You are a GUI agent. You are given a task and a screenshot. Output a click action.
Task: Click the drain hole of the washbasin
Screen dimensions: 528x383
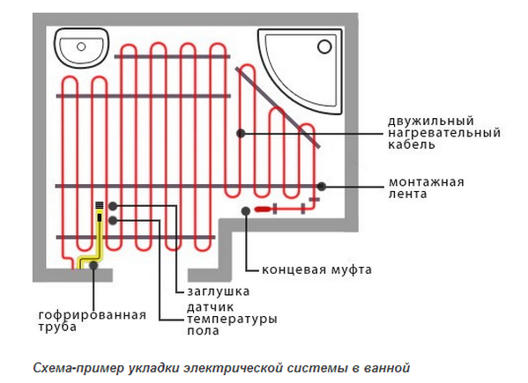click(x=81, y=47)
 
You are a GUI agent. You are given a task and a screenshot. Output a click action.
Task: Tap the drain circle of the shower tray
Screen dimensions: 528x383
click(x=324, y=47)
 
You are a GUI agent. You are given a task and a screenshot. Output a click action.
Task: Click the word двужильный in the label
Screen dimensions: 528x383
click(x=431, y=122)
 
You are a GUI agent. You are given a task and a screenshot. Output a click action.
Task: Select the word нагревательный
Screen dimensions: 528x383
click(x=444, y=133)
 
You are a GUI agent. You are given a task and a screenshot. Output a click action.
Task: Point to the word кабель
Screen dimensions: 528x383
click(x=412, y=144)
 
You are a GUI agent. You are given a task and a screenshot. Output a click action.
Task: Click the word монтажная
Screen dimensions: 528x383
click(x=427, y=182)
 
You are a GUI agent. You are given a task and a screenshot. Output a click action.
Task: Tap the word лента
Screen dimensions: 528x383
click(x=408, y=194)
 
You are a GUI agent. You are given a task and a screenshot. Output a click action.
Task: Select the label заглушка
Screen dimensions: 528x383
click(x=219, y=291)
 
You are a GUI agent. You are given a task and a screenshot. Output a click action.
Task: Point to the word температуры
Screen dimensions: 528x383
click(x=232, y=319)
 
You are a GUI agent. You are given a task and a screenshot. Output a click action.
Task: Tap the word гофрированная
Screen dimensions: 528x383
click(x=93, y=315)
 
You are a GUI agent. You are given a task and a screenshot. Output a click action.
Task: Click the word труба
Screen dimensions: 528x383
click(x=57, y=327)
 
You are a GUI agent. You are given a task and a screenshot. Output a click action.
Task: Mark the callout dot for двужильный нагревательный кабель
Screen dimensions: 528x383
click(x=241, y=134)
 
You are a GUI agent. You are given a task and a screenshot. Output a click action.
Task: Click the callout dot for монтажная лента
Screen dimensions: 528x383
click(x=322, y=187)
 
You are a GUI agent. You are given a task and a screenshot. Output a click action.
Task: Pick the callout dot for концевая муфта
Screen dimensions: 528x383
click(x=246, y=210)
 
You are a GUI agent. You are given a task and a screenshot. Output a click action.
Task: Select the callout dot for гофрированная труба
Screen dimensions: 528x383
click(x=93, y=265)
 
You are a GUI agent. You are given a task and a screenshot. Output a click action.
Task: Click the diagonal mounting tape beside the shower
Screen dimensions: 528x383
click(x=278, y=107)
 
